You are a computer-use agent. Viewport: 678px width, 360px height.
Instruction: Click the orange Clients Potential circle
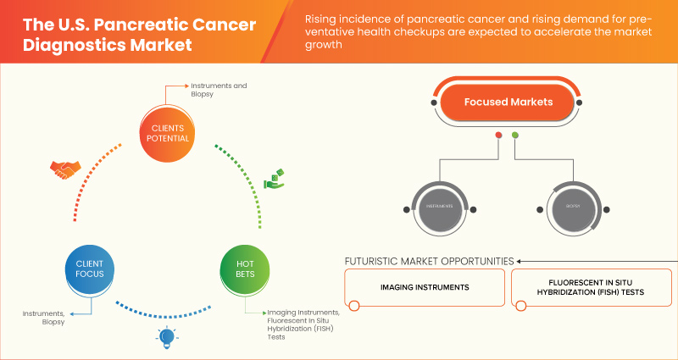coord(165,133)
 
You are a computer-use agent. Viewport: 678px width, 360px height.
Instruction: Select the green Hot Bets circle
coord(243,269)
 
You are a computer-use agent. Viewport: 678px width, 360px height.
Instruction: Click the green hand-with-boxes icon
coord(274,179)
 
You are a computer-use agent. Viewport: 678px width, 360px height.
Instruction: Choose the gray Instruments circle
coord(439,206)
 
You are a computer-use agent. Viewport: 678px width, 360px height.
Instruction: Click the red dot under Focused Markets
coord(498,136)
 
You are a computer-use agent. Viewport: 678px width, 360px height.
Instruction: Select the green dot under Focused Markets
coord(515,136)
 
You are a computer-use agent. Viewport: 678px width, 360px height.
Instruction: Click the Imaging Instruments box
coord(425,288)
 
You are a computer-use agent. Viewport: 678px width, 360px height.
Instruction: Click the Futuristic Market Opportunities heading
coord(429,261)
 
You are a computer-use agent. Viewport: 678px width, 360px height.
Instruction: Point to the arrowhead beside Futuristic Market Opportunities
coord(520,261)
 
